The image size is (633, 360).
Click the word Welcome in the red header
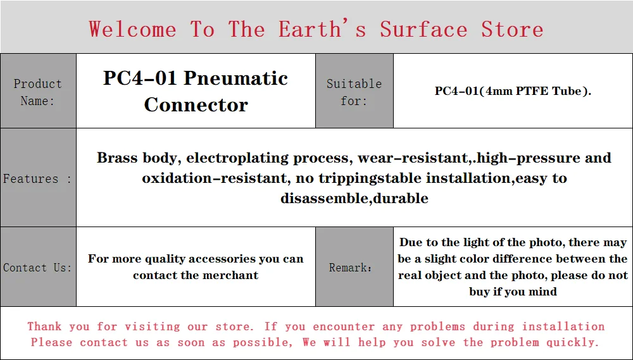pyautogui.click(x=132, y=29)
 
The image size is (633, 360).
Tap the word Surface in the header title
pyautogui.click(x=423, y=29)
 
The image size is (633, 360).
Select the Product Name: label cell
pyautogui.click(x=38, y=91)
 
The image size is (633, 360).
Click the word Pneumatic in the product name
pyautogui.click(x=235, y=78)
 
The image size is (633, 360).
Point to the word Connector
pyautogui.click(x=196, y=105)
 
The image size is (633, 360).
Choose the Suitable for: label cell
pyautogui.click(x=354, y=91)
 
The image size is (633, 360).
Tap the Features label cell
pyautogui.click(x=38, y=178)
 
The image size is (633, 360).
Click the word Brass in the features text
pyautogui.click(x=118, y=158)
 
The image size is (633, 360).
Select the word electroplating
pyautogui.click(x=237, y=158)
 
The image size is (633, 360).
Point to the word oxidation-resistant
pyautogui.click(x=215, y=178)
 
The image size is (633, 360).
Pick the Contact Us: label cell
pyautogui.click(x=38, y=267)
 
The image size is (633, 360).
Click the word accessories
pyautogui.click(x=221, y=259)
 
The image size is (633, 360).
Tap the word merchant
pyautogui.click(x=232, y=275)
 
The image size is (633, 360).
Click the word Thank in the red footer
pyautogui.click(x=44, y=326)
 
